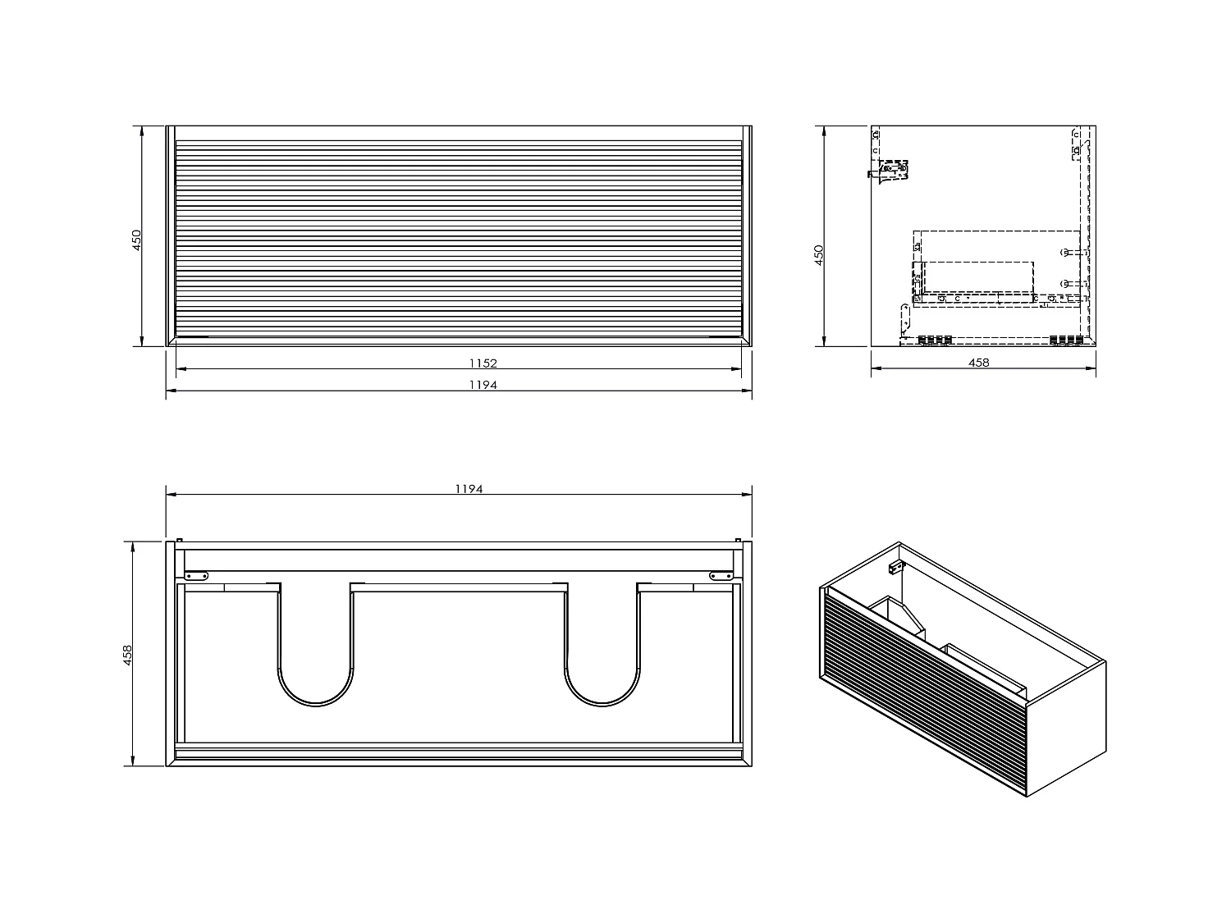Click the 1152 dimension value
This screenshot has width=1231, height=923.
[x=483, y=363]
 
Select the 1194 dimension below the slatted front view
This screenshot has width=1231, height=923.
[x=483, y=385]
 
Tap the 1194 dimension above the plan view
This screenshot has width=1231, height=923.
[x=469, y=488]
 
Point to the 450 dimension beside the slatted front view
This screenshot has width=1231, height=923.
[x=137, y=239]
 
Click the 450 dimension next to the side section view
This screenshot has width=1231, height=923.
[x=818, y=255]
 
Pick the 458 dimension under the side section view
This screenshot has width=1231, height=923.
[x=979, y=363]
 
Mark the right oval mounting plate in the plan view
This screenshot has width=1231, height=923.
[x=720, y=576]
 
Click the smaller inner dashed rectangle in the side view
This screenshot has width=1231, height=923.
[x=977, y=276]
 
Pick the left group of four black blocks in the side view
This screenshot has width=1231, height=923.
[x=935, y=340]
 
